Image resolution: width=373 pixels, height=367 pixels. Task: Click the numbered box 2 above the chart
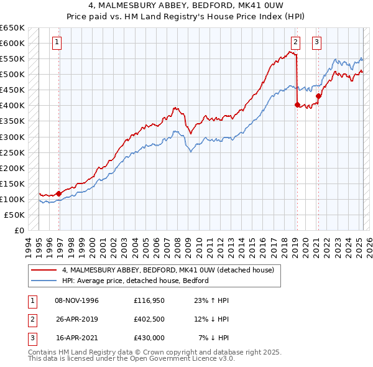(295, 42)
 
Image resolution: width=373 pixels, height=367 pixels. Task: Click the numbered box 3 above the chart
(316, 42)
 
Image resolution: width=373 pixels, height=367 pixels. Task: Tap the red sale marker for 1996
(59, 193)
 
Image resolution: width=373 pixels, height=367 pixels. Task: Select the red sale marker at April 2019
(297, 105)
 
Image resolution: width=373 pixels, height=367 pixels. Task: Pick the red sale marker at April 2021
(318, 96)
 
